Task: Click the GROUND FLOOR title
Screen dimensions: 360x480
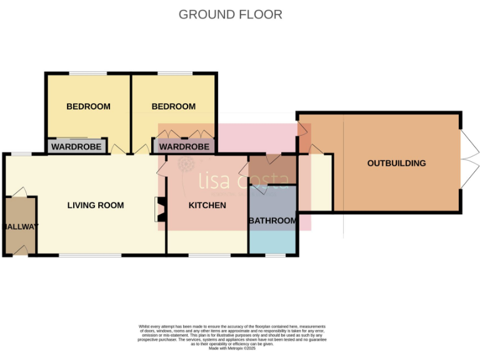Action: pos(230,14)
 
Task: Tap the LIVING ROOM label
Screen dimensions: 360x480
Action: pos(96,205)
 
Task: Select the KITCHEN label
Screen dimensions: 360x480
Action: pos(207,205)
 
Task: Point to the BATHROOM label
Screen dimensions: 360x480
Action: pos(272,221)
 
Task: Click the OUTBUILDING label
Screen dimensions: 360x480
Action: pos(396,163)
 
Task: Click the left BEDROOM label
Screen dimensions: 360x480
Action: pos(88,106)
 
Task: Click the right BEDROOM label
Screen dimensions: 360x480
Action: pos(173,106)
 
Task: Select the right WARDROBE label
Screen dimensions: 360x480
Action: pos(184,147)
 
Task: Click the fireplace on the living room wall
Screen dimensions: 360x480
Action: pos(159,209)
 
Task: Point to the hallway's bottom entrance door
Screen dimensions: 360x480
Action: pos(21,251)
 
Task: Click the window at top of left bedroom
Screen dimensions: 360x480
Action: pos(87,74)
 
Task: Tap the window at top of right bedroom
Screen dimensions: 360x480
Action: pos(174,74)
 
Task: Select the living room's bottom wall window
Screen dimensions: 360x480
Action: pos(91,255)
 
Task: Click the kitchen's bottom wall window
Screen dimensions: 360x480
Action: pos(206,255)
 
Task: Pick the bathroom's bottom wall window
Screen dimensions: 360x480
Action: pos(274,255)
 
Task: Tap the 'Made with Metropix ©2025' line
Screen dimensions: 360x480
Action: pos(231,348)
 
